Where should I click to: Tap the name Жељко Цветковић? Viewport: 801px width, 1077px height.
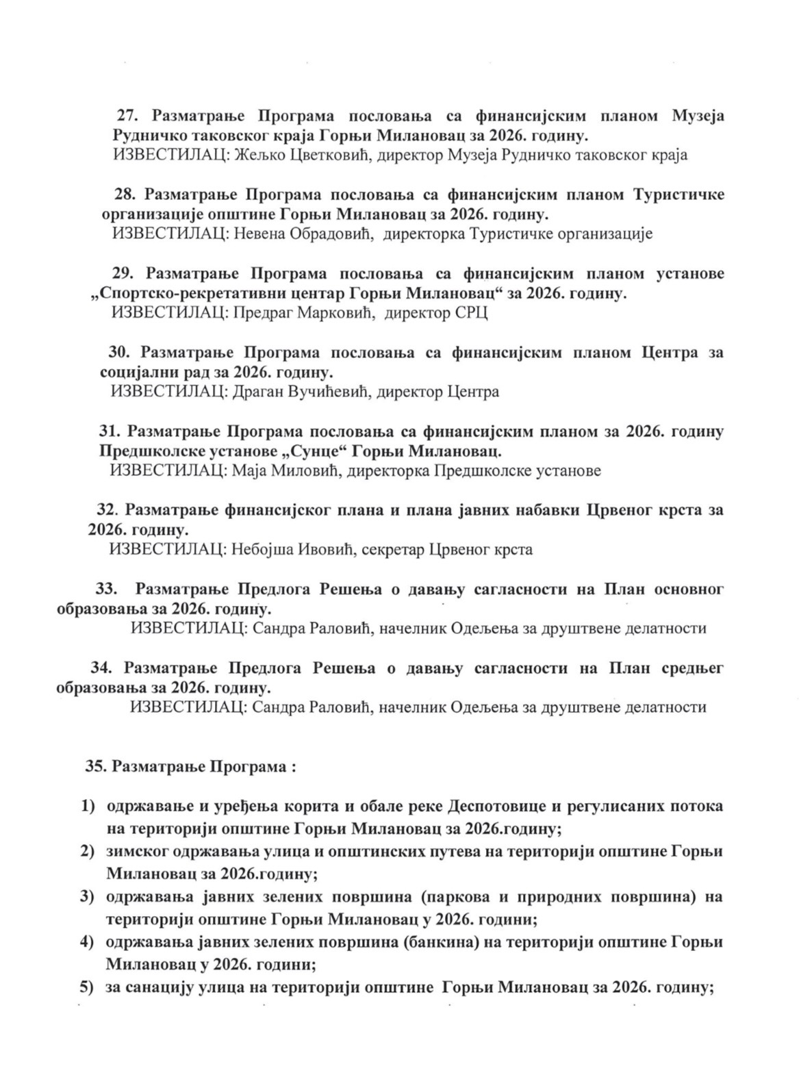click(302, 155)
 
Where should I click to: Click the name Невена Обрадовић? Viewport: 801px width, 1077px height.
click(301, 234)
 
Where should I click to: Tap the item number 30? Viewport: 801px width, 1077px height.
click(119, 353)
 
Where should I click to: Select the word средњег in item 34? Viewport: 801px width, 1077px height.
click(692, 668)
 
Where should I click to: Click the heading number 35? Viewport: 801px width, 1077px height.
click(94, 767)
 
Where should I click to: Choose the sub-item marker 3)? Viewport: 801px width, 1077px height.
click(87, 896)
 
